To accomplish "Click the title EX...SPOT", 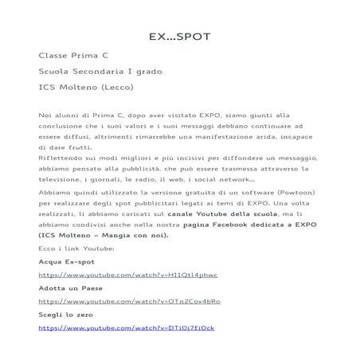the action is pyautogui.click(x=179, y=37).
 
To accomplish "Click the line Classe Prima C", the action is pyautogui.click(x=74, y=57).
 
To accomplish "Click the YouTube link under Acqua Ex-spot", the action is pyautogui.click(x=116, y=274).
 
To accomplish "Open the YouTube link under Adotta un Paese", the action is pyautogui.click(x=118, y=301).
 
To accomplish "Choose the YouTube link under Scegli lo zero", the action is pyautogui.click(x=115, y=327).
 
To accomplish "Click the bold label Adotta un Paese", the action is pyautogui.click(x=71, y=288).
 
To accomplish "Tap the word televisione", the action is pyautogui.click(x=65, y=180).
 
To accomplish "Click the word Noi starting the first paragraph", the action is pyautogui.click(x=45, y=116).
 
